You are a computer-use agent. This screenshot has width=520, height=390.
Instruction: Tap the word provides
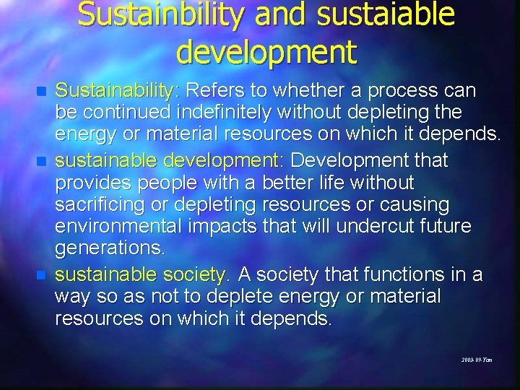click(92, 183)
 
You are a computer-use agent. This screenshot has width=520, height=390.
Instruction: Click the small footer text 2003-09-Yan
click(477, 359)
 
